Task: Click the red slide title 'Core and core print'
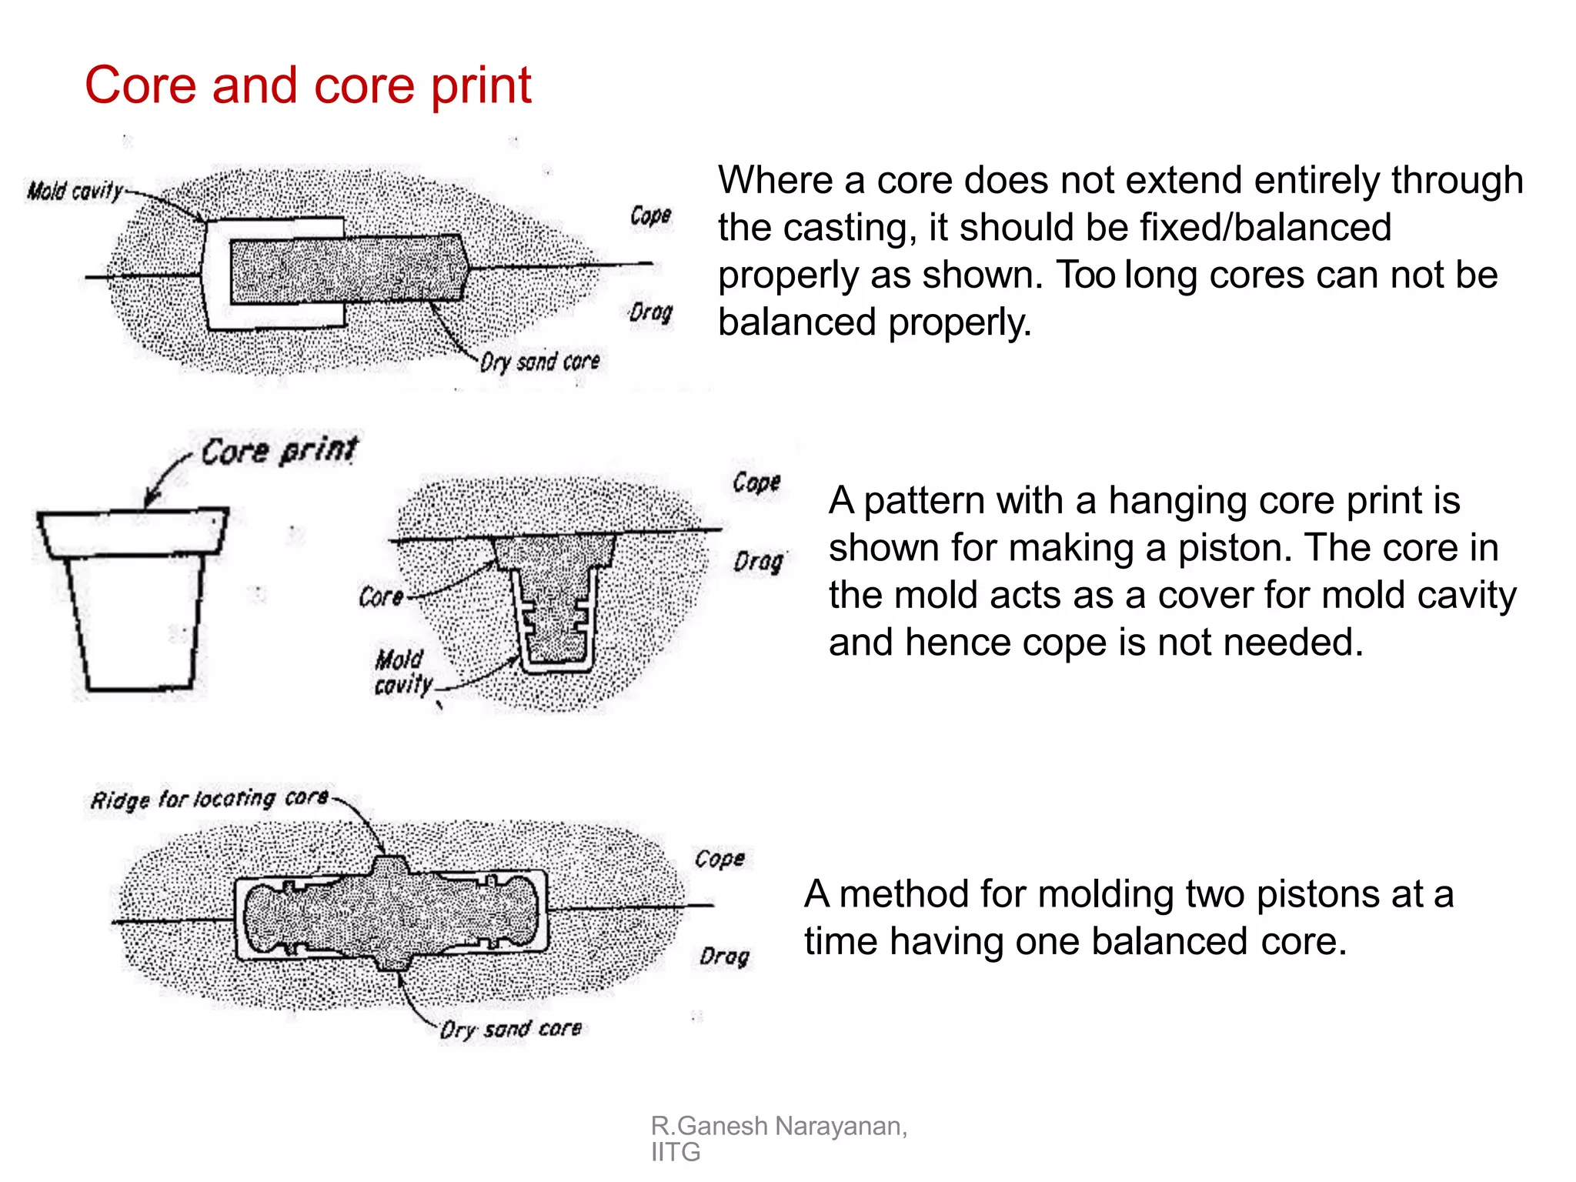308,85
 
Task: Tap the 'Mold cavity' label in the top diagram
75,190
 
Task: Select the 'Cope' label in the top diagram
650,215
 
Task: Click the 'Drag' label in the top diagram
650,312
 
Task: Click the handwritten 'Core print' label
279,451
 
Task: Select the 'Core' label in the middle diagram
381,596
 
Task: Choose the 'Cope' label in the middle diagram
756,482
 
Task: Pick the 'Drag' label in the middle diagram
758,561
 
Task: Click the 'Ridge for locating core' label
209,799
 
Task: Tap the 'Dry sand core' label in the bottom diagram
510,1029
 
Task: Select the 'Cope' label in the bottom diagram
720,858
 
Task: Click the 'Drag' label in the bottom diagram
724,956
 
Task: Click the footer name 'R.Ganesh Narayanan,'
779,1126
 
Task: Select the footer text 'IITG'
676,1152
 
